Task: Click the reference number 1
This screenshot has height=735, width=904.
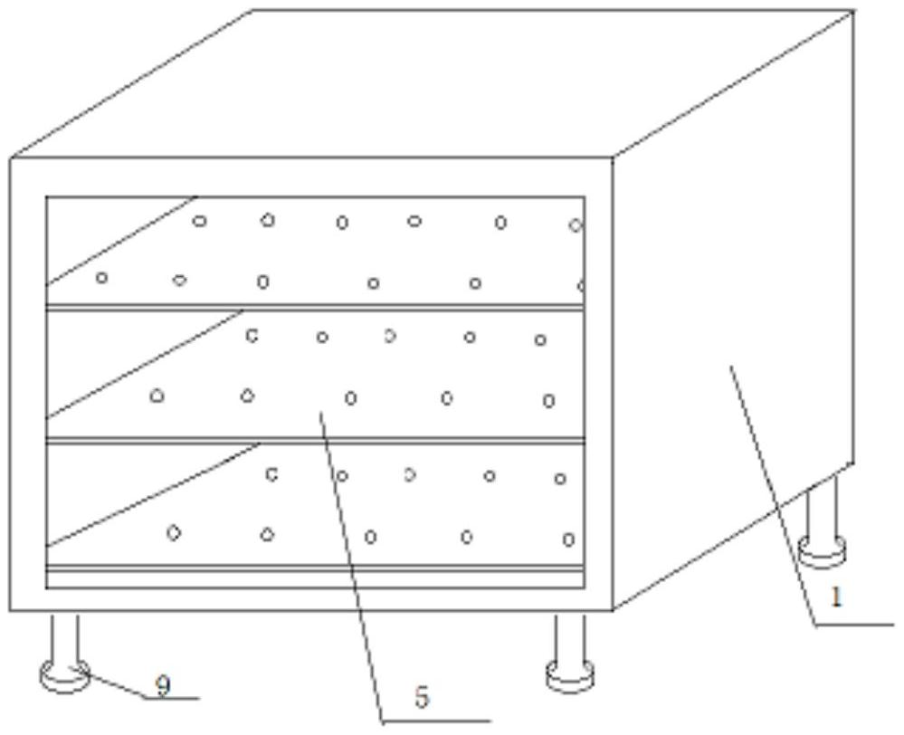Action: click(x=836, y=597)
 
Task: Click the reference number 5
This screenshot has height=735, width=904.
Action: click(x=422, y=698)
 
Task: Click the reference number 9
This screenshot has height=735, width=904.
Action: click(x=163, y=686)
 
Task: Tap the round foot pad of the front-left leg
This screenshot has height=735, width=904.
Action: click(x=64, y=676)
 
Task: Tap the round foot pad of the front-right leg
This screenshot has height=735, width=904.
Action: click(x=569, y=675)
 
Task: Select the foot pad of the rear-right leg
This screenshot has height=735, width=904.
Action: click(x=822, y=550)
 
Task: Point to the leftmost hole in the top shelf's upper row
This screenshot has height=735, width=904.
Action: click(x=199, y=220)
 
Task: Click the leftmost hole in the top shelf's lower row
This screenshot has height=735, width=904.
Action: click(x=101, y=278)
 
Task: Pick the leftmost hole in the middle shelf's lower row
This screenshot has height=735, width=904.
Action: click(x=157, y=396)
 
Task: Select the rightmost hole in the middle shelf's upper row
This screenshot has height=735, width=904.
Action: click(x=540, y=339)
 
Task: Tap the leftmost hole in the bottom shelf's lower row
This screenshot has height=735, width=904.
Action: click(x=174, y=532)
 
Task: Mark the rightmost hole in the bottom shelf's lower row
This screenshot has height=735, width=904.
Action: click(x=568, y=539)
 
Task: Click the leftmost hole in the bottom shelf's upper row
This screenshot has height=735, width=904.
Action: click(x=271, y=474)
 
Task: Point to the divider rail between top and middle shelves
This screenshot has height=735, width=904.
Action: click(x=316, y=307)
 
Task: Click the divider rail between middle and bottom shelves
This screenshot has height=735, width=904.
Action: click(x=316, y=441)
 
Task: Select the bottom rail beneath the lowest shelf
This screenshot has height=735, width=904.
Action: click(x=316, y=568)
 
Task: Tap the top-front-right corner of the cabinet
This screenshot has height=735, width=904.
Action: click(x=613, y=157)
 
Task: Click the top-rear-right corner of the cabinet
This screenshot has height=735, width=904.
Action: click(x=852, y=11)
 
